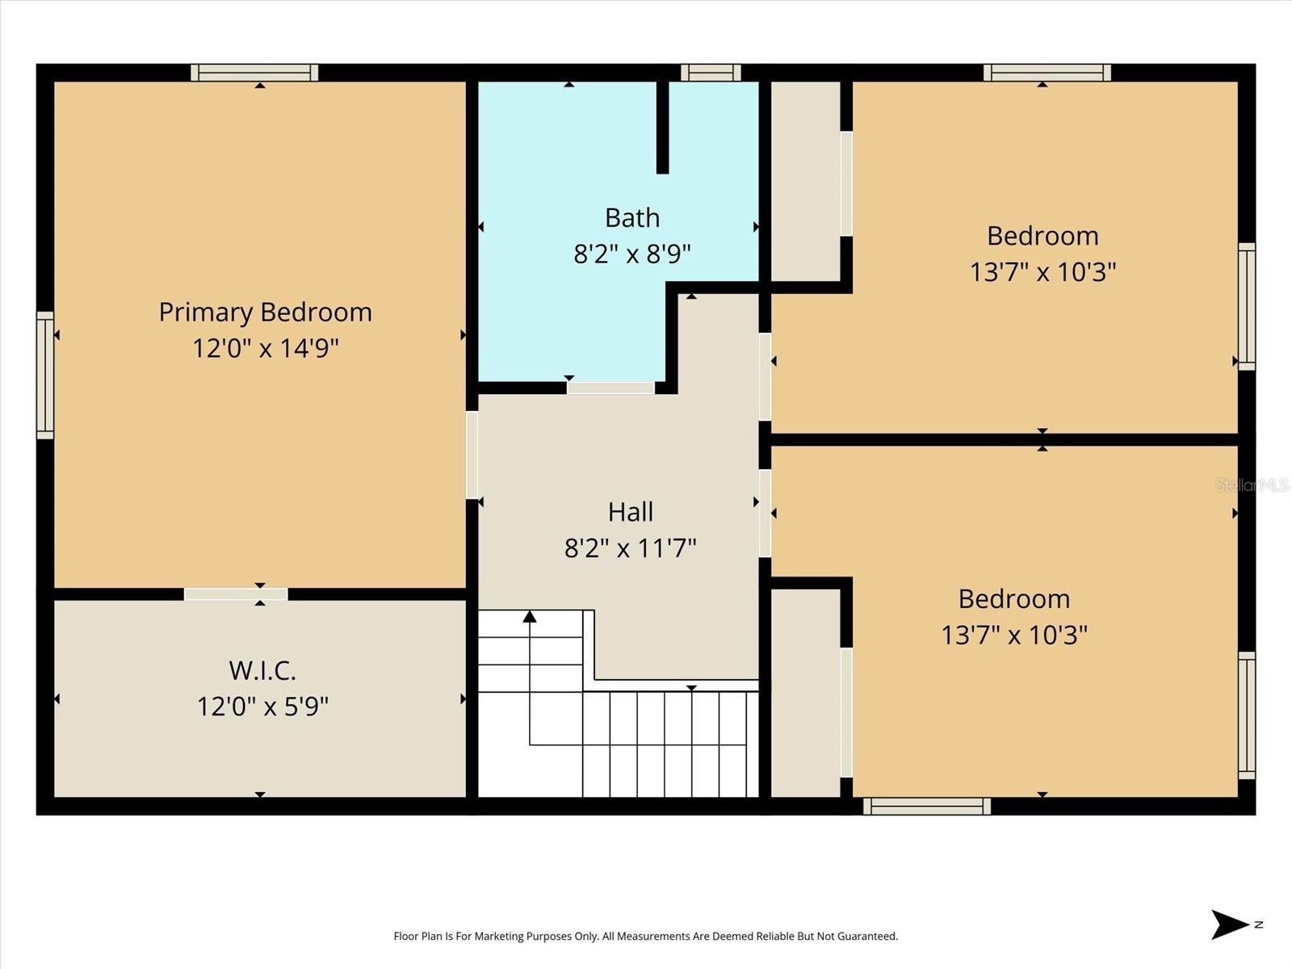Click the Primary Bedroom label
pos(265,312)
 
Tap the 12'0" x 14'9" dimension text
pos(265,348)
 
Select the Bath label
pos(632,218)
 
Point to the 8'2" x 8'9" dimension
pos(632,254)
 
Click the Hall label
pos(631,512)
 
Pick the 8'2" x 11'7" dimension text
pos(631,548)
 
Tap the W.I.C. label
pos(262,670)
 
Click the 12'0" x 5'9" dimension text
pos(262,707)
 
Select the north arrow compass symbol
pos(1231,925)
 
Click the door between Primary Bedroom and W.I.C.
pos(235,594)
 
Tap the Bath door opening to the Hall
pos(610,388)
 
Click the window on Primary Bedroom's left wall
pos(45,375)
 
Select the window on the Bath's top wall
pos(711,73)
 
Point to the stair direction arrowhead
pos(530,617)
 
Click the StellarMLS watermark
pos(1252,484)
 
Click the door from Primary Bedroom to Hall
pos(472,455)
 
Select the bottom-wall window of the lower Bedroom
pos(927,806)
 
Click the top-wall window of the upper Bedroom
pos(1047,73)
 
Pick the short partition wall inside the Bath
pos(662,127)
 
